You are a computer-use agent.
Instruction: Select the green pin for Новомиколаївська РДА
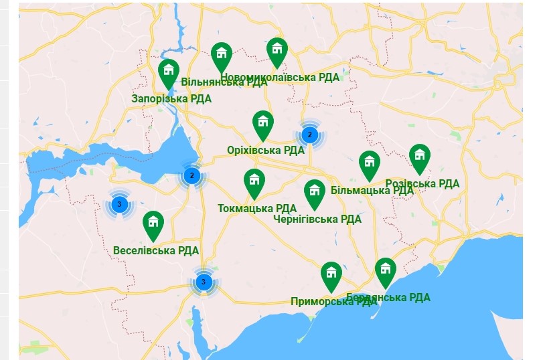tap(277, 50)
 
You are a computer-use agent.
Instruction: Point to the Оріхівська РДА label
tap(266, 150)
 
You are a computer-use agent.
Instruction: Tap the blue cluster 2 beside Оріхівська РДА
tap(309, 135)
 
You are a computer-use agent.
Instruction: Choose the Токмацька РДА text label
tap(257, 208)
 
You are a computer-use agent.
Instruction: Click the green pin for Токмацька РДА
tap(254, 182)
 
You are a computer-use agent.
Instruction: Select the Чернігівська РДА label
tap(317, 219)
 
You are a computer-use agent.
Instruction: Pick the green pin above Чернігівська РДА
tap(314, 193)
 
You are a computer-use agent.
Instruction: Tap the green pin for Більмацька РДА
tap(369, 164)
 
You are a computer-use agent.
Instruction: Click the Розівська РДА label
tap(422, 183)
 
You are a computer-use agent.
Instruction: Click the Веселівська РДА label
tap(156, 251)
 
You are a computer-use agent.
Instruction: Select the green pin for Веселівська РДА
tap(153, 224)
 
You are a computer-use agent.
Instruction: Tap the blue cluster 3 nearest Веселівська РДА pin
tap(120, 204)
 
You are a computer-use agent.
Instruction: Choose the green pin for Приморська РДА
tap(331, 275)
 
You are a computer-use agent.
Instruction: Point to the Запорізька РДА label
tap(171, 98)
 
